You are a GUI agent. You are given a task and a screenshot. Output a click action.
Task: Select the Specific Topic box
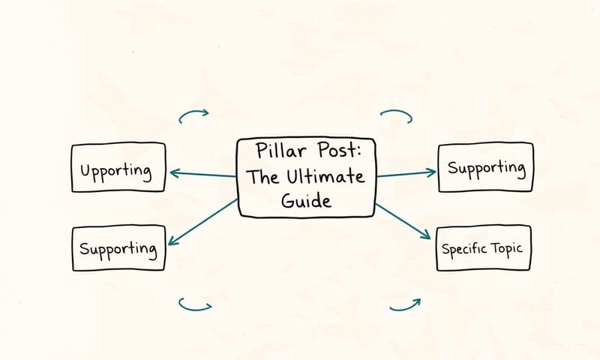pyautogui.click(x=484, y=247)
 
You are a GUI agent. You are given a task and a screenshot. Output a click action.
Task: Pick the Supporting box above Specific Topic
pyautogui.click(x=485, y=166)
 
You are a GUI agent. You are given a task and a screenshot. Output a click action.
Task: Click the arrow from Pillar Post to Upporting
pyautogui.click(x=202, y=175)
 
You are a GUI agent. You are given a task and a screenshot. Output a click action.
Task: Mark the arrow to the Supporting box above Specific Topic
pyautogui.click(x=405, y=174)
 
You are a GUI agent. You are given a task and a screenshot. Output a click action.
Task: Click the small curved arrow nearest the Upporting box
pyautogui.click(x=193, y=115)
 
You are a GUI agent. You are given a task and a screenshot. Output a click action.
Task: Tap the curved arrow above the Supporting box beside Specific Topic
pyautogui.click(x=397, y=115)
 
